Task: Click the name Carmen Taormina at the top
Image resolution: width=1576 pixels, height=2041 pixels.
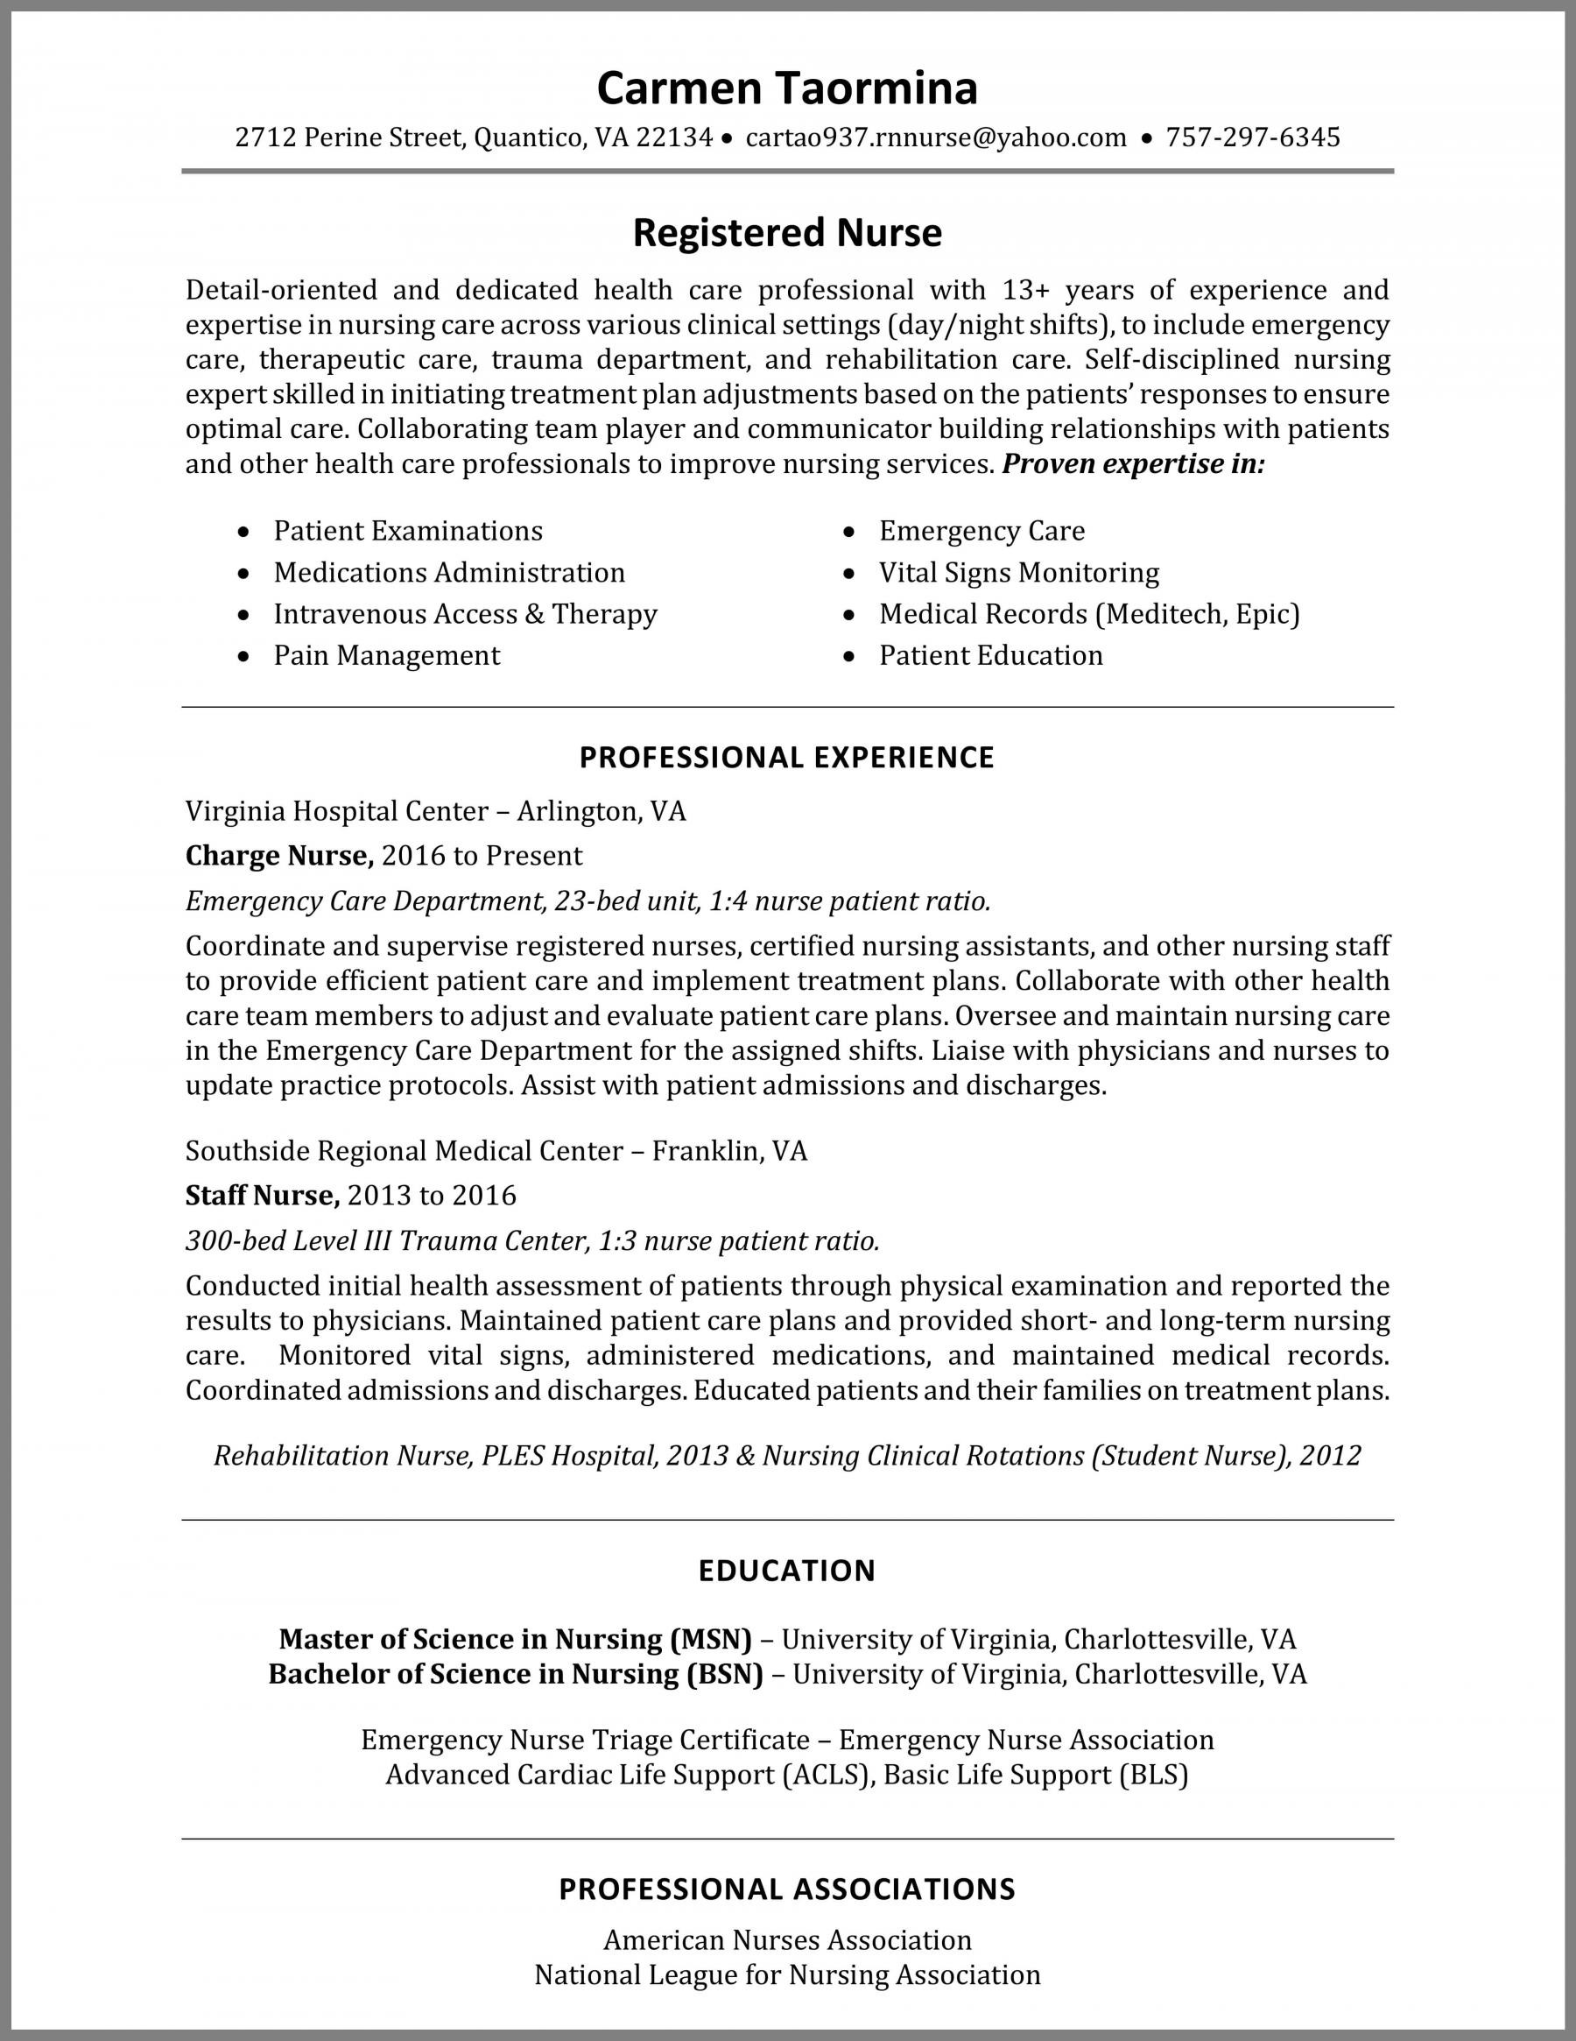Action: (x=786, y=88)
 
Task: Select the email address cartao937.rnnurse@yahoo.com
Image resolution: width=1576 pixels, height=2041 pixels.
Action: (x=936, y=138)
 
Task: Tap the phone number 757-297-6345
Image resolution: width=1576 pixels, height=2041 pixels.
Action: (x=1253, y=138)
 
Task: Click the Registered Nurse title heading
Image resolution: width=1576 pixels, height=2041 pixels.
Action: (x=786, y=233)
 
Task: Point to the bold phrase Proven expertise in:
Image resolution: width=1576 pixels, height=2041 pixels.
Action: (x=1133, y=463)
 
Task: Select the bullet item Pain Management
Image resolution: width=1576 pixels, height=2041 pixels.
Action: (x=387, y=655)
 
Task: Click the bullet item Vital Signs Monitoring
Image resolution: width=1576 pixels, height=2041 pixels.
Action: (x=1018, y=572)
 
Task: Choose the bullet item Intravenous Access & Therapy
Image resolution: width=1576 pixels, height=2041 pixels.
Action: (x=465, y=614)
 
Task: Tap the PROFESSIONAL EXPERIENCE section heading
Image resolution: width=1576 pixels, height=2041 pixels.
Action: (x=786, y=757)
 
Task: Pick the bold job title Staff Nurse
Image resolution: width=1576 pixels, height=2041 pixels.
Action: (x=262, y=1196)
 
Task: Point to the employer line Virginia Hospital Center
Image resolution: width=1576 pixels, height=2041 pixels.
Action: (x=435, y=810)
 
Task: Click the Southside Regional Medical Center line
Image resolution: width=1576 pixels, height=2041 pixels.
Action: (x=496, y=1150)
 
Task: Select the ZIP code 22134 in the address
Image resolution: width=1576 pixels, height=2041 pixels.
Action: (x=674, y=138)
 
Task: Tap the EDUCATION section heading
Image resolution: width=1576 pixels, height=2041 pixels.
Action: (x=786, y=1571)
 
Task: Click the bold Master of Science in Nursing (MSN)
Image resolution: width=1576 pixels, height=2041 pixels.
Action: (x=515, y=1639)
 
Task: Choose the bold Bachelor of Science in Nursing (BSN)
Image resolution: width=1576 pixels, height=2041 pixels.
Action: (x=515, y=1674)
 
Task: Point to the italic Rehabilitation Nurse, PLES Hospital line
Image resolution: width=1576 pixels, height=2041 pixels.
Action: (x=786, y=1456)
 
